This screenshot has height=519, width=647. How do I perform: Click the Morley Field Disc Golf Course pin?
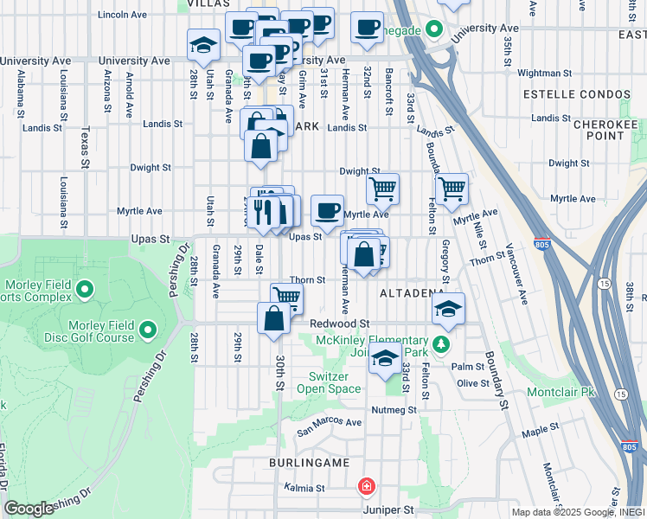point(147,330)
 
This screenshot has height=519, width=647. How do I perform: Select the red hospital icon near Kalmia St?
point(367,487)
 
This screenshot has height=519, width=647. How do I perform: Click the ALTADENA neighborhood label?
point(412,293)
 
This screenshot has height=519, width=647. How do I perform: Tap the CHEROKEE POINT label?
point(605,130)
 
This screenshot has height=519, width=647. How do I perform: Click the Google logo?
point(29,509)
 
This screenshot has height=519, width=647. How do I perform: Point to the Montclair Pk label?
point(561,392)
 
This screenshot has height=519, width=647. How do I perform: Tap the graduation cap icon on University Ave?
point(203,45)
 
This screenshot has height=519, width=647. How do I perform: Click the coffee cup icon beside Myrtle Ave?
point(327,209)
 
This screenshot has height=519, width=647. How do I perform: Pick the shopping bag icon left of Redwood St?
point(273,317)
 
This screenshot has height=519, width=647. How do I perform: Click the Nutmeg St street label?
point(394,409)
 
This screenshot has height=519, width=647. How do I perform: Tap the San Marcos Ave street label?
point(329,423)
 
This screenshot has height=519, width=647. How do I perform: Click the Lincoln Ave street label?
point(122,15)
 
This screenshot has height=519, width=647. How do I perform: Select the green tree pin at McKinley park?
point(442,345)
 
